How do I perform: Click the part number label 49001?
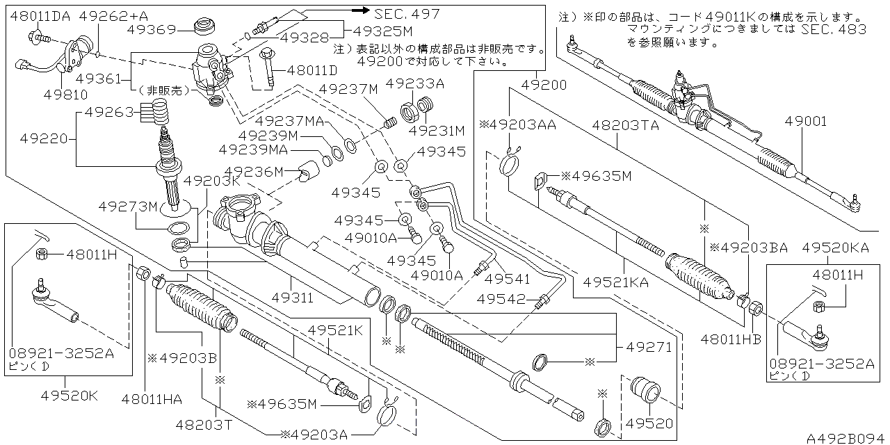806,122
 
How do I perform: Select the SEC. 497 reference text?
407,13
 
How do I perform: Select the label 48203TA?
625,126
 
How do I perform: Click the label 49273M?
129,206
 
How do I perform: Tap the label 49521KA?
616,282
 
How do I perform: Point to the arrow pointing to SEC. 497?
357,10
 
